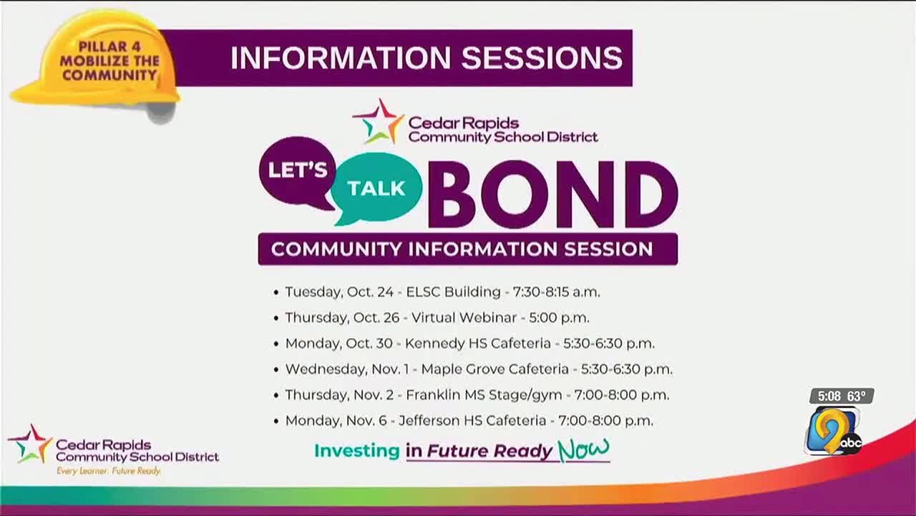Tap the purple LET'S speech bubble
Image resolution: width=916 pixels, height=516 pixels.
[297, 170]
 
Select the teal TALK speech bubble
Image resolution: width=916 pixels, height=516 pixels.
[376, 188]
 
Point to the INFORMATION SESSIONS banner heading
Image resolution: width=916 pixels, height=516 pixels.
[426, 58]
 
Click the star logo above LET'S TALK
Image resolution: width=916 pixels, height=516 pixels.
[378, 121]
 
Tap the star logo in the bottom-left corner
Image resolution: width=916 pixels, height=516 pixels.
[30, 444]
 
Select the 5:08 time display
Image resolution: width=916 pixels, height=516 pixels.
[827, 396]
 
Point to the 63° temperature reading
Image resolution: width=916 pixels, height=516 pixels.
[857, 396]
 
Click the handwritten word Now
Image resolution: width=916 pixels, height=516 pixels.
[583, 449]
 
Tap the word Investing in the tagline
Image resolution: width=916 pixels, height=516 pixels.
[356, 451]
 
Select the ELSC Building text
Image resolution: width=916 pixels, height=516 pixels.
[453, 292]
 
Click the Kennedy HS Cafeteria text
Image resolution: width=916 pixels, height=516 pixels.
[477, 343]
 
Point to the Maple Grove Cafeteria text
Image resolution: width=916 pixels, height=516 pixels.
[494, 369]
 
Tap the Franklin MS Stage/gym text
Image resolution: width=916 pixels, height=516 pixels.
[484, 395]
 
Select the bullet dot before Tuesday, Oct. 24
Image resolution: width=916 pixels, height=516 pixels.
[276, 292]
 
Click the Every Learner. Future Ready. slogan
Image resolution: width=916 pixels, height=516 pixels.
[109, 471]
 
